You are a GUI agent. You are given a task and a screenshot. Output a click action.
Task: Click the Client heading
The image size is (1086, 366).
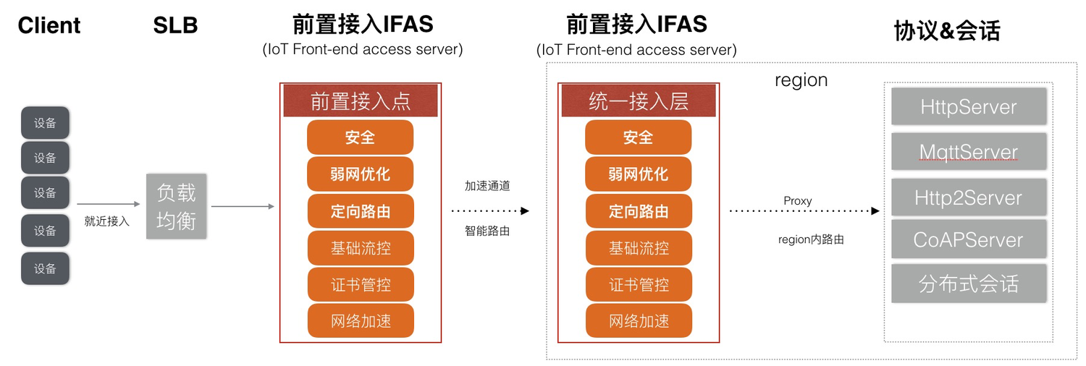point(49,26)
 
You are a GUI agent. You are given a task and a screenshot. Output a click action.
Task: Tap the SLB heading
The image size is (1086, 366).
point(175,26)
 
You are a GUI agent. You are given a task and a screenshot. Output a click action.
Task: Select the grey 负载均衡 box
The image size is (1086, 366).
point(177,206)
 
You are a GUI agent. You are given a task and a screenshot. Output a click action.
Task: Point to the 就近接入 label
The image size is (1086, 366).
point(107,221)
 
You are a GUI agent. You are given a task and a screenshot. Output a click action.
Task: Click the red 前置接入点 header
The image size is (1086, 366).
point(361,101)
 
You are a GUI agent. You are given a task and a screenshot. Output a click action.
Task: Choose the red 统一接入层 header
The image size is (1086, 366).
point(639,101)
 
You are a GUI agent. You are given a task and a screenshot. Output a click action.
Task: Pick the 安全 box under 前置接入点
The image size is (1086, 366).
point(361,137)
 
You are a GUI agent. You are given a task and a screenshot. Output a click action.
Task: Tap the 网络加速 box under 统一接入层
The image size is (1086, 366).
point(639,321)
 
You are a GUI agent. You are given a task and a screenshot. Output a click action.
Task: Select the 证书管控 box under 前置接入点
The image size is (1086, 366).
point(361,284)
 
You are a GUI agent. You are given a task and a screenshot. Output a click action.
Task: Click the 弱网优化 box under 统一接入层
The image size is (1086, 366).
point(639,174)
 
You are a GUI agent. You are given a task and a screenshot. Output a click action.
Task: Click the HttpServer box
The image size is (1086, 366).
point(969,107)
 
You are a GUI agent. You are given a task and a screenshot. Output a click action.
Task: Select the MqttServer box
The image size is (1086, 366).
point(969,151)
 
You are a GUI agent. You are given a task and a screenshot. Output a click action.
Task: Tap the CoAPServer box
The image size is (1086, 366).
point(969,239)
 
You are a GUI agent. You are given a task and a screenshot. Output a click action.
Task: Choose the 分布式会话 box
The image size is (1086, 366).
point(969,284)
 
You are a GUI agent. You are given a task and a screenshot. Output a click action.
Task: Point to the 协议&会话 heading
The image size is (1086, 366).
point(947,30)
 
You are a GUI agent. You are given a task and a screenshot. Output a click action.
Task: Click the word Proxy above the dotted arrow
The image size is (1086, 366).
point(798,200)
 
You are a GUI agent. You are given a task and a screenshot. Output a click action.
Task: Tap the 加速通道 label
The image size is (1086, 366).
point(487,186)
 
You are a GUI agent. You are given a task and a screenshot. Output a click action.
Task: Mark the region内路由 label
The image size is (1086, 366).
point(811,239)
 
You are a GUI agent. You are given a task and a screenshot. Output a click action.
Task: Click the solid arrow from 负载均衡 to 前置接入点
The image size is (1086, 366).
point(243,206)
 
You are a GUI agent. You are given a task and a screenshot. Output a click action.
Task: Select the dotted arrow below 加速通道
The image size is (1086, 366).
point(490,210)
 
